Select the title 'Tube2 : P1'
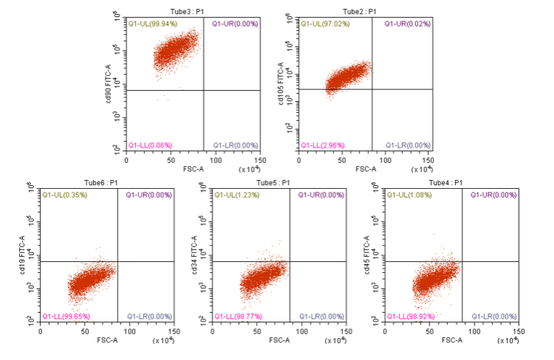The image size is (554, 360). pyautogui.click(x=361, y=12)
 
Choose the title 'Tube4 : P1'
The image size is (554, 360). pyautogui.click(x=448, y=182)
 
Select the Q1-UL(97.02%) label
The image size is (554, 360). pyautogui.click(x=325, y=24)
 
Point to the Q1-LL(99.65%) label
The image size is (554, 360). pyautogui.click(x=67, y=316)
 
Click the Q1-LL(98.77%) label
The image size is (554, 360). pyautogui.click(x=239, y=316)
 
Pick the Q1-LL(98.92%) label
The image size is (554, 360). pyautogui.click(x=412, y=316)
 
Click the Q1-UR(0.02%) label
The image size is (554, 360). pyautogui.click(x=407, y=24)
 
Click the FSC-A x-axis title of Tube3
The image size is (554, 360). pyautogui.click(x=193, y=169)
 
